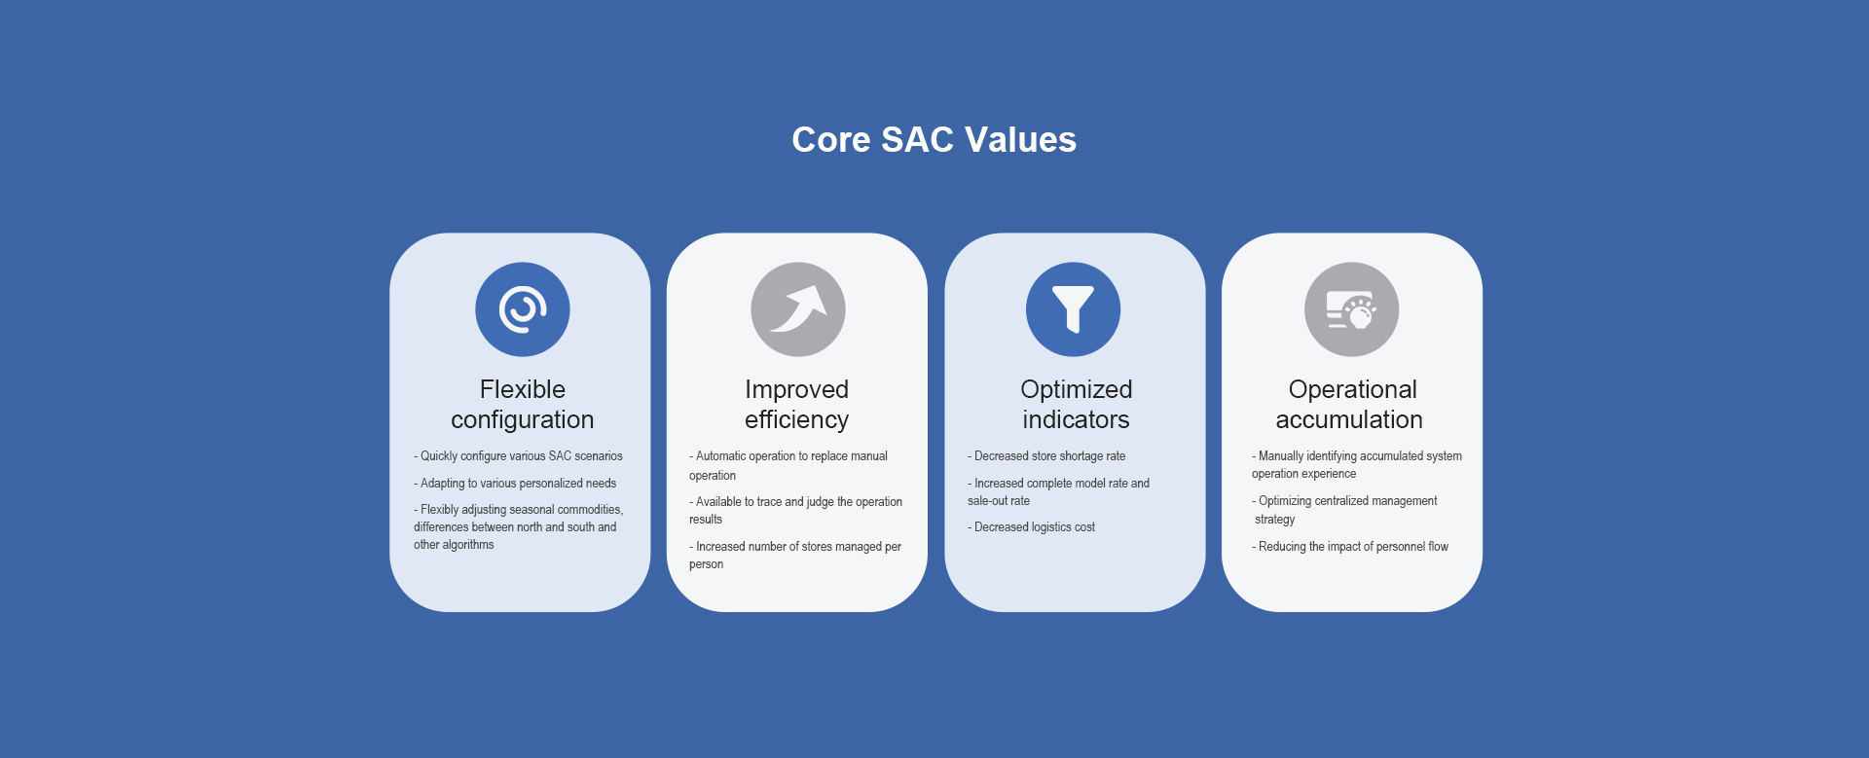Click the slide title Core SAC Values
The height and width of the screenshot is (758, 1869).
point(934,139)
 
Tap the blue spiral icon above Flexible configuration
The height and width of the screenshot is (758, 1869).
point(523,309)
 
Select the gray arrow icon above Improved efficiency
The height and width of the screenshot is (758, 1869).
point(798,309)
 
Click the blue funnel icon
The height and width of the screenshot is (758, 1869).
point(1074,309)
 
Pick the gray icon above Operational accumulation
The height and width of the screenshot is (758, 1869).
point(1352,309)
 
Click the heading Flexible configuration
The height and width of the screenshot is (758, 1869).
point(523,404)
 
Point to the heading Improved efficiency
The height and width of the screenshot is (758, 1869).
point(797,404)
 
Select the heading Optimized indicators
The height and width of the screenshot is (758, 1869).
point(1077,404)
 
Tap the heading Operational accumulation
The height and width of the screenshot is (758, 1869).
point(1350,404)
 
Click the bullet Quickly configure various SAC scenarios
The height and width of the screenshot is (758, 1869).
point(518,456)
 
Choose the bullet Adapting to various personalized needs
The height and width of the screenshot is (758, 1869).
point(515,484)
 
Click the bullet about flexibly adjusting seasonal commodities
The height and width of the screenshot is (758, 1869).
point(518,527)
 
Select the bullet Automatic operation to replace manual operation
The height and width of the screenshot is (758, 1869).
point(788,466)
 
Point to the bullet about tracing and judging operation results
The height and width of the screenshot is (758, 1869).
point(796,511)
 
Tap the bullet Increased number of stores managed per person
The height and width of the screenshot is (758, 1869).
point(795,556)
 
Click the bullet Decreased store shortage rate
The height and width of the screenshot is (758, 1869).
point(1046,456)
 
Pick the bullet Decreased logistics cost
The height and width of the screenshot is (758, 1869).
point(1031,527)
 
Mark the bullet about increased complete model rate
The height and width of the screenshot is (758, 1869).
point(1058,492)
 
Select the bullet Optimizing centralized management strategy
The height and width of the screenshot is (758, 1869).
point(1344,510)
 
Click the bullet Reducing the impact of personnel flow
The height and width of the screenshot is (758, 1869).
point(1350,547)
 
